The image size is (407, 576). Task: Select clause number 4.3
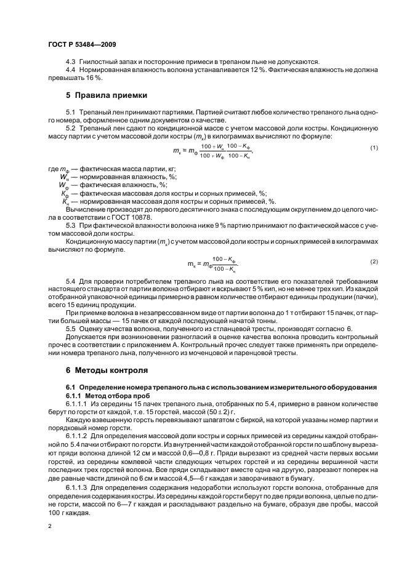coord(70,62)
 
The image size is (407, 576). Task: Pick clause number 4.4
coord(70,70)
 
